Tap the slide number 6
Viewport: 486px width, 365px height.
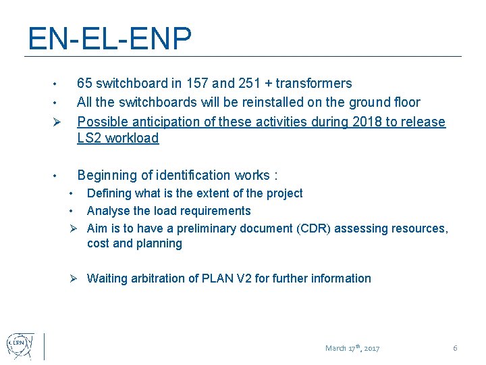455,348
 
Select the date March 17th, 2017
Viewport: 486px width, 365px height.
352,348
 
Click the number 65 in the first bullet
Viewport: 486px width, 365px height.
85,84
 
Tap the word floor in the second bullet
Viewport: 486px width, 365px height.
404,103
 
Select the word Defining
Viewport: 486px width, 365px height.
109,193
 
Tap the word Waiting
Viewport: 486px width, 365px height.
109,278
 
